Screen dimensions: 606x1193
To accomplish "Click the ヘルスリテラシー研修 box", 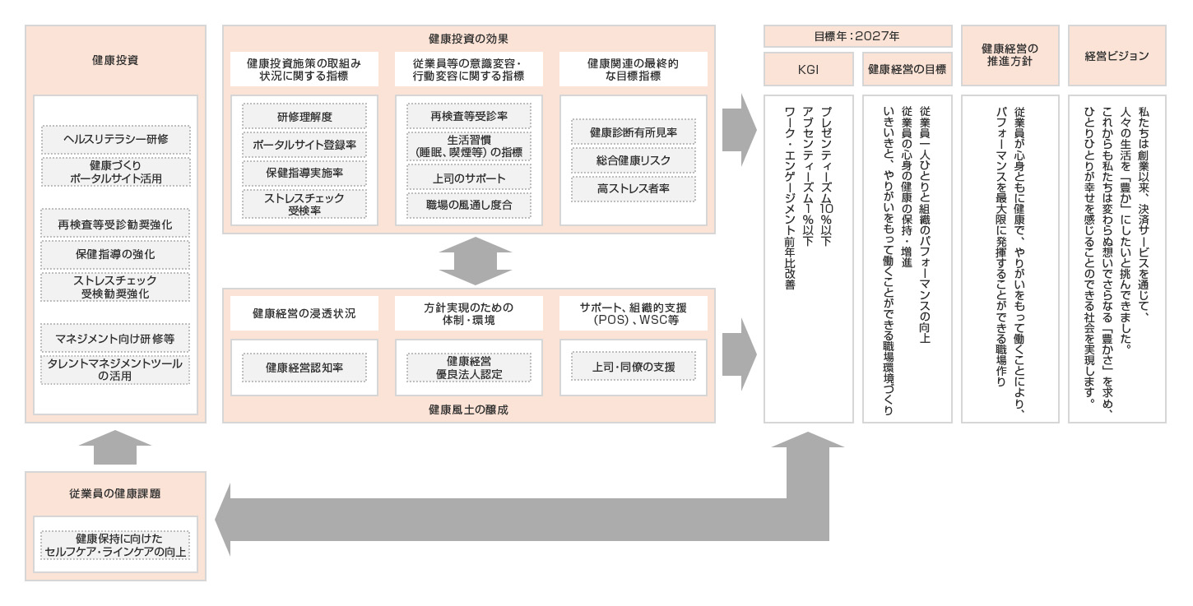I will point(115,138).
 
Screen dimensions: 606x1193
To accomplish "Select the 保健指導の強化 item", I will point(115,254).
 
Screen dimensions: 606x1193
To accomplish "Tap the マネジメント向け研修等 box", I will point(115,338).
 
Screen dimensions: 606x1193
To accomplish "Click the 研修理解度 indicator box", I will point(304,116).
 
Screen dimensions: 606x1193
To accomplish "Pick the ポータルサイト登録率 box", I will point(304,145).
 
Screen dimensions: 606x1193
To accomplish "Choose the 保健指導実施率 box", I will point(304,173).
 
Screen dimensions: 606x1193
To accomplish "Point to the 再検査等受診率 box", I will point(469,116).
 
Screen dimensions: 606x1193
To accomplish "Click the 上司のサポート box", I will point(469,178).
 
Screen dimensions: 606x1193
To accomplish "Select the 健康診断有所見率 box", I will point(633,132).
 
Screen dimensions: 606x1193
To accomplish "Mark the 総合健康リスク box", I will point(633,160).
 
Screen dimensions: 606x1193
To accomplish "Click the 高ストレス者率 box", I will point(633,189).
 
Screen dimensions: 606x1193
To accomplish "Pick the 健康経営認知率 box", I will point(304,367).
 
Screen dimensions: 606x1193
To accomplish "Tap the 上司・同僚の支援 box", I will point(633,367).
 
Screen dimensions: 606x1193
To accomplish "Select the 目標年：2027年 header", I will point(858,36).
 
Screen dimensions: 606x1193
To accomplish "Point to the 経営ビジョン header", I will point(1116,56).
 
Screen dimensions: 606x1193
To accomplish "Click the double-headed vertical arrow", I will point(469,261).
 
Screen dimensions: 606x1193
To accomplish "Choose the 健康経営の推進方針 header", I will point(1010,56).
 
